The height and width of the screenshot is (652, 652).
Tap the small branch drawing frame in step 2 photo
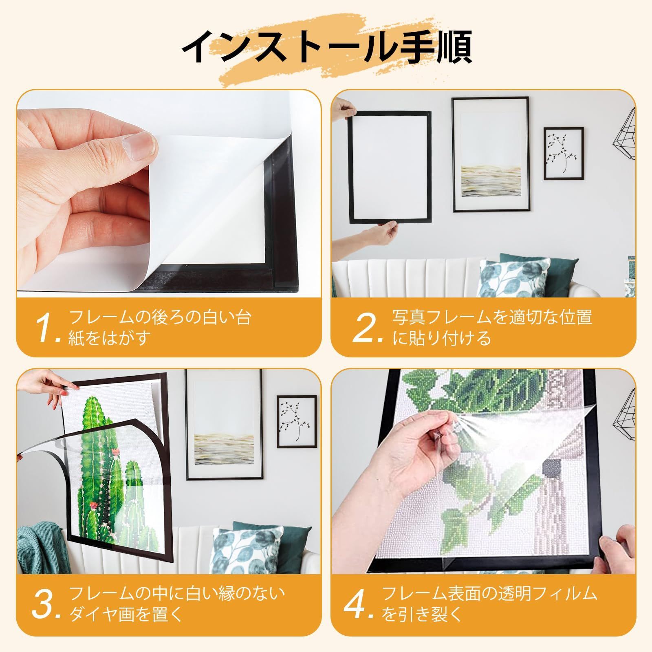[564, 153]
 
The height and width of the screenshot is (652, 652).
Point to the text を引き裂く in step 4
[423, 615]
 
